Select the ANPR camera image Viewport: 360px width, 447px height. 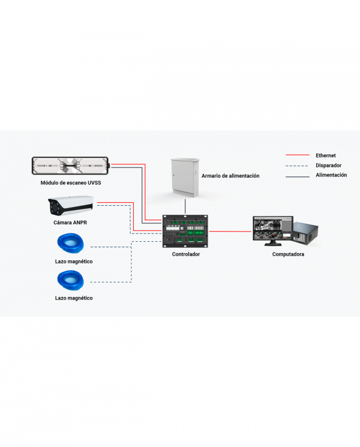(x=70, y=206)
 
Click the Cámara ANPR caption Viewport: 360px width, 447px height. (x=71, y=223)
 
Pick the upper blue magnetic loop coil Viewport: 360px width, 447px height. (x=71, y=244)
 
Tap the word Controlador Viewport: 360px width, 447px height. (x=186, y=254)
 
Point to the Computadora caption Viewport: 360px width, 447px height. (x=288, y=254)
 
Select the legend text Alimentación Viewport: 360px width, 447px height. (x=332, y=175)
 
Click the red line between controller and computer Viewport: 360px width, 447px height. (x=230, y=231)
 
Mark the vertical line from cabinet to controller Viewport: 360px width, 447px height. (x=185, y=207)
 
